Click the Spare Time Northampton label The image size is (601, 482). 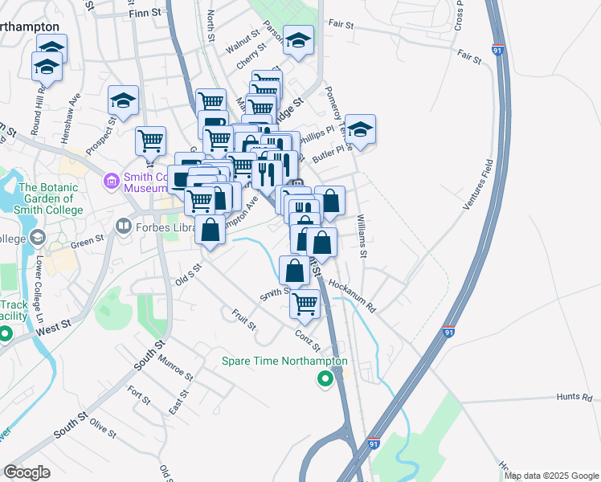coord(285,361)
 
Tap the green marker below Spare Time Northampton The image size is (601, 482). coord(325,379)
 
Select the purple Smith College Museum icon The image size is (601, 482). coord(112,183)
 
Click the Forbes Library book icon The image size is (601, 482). coord(123,227)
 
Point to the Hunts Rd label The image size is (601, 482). coord(574,397)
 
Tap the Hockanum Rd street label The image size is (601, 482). coord(352,295)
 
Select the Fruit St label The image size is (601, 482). coord(243,320)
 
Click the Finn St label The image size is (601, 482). coord(145,14)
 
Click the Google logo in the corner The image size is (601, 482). coord(27,472)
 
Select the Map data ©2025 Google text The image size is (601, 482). coord(550,476)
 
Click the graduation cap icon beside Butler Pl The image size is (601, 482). coord(361,129)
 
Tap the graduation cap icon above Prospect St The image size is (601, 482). coord(123,100)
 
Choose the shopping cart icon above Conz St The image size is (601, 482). coord(305,304)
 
